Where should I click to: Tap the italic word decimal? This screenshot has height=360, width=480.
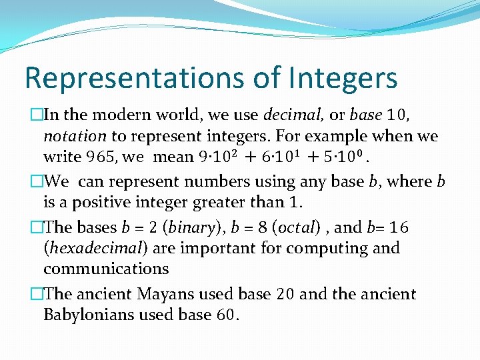tap(294, 115)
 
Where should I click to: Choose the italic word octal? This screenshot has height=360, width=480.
tap(298, 227)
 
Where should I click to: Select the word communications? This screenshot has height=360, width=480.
tap(106, 269)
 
